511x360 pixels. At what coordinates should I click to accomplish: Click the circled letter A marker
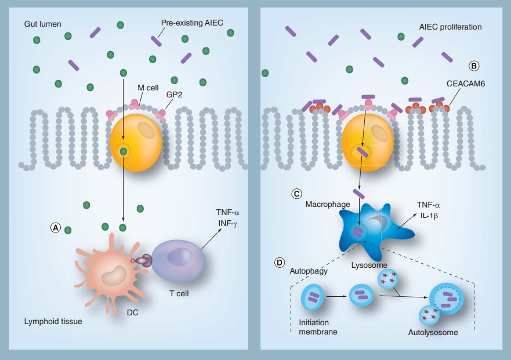[56, 228]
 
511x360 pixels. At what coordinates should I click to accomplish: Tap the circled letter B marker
[474, 66]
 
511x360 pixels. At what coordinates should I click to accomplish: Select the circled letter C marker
[296, 194]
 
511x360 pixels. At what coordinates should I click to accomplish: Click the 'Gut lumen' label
[43, 25]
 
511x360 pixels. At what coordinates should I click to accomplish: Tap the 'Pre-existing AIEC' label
[191, 23]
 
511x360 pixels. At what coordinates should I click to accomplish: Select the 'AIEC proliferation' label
[450, 27]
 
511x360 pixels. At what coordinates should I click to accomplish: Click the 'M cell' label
[148, 88]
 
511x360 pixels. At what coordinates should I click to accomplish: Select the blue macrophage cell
[371, 229]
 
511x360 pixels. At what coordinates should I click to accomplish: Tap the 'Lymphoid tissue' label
[53, 321]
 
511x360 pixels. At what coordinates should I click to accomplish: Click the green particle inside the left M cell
[123, 152]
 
